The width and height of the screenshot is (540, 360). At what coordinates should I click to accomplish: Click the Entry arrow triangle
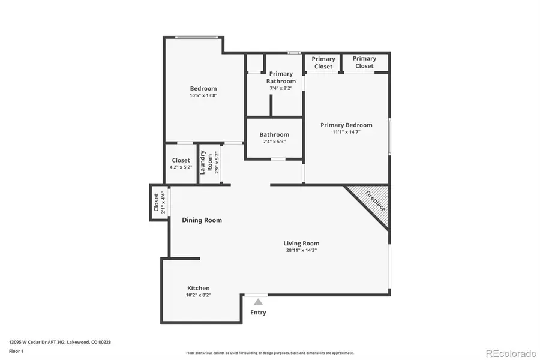258,302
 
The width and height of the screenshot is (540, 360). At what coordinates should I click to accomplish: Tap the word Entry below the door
258,313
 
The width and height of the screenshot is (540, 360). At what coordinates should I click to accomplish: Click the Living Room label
301,243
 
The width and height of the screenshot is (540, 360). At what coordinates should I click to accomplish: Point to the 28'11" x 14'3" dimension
301,250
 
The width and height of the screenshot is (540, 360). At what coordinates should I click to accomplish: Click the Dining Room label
202,220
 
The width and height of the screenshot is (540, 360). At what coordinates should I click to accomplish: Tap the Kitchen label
199,288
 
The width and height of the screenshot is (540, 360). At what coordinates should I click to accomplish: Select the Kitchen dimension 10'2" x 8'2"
199,295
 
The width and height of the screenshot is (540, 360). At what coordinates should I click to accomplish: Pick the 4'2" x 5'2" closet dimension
181,167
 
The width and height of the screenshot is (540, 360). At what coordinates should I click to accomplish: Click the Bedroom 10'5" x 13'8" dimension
203,95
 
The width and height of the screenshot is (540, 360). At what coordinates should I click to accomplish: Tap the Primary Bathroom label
281,77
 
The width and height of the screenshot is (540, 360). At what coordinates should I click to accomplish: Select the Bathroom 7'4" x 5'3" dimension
274,142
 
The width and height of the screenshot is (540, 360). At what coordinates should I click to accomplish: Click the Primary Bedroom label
346,125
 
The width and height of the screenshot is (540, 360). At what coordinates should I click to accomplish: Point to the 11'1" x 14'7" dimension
346,132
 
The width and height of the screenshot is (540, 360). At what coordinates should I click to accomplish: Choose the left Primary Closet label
323,62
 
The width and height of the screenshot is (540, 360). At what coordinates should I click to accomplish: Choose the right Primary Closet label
364,62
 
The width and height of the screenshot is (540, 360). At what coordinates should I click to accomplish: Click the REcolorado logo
511,353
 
